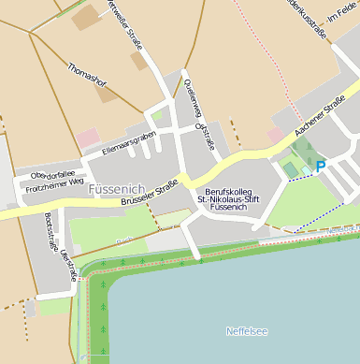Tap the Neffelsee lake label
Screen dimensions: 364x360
coord(247,331)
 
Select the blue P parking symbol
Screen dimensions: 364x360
coord(321,167)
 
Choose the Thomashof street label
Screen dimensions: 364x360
coord(88,80)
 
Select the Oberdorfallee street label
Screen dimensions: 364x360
coord(52,175)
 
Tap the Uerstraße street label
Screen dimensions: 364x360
coord(67,265)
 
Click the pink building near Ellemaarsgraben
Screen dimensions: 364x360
coord(87,138)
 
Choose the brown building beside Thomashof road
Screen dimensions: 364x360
coord(138,61)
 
